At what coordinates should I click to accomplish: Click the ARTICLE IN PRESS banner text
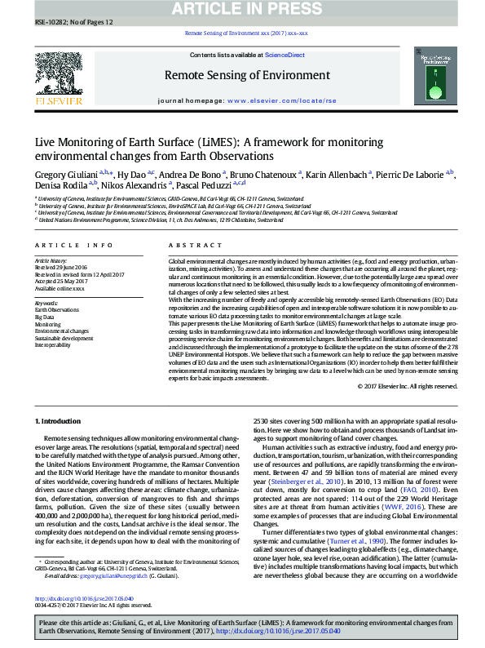click(x=242, y=8)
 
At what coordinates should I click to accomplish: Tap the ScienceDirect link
click(x=285, y=55)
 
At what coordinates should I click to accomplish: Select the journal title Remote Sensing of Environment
click(x=241, y=75)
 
